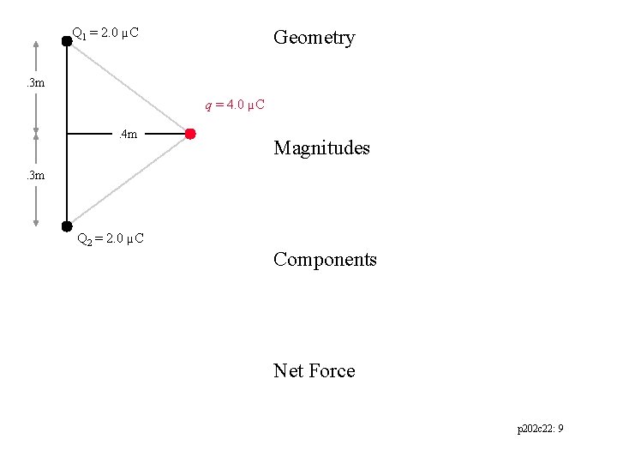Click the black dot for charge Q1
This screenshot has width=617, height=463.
click(x=67, y=39)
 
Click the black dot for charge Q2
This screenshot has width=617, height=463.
click(x=67, y=227)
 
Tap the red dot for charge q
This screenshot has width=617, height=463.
click(x=190, y=134)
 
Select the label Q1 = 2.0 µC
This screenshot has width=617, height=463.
click(x=105, y=33)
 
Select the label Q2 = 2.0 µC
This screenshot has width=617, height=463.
click(x=111, y=238)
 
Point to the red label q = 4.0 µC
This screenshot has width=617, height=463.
click(x=234, y=105)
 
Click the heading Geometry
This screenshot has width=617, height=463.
click(x=314, y=38)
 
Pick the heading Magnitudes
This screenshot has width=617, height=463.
click(x=321, y=148)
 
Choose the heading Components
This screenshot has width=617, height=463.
click(x=325, y=260)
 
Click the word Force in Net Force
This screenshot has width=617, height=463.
click(x=332, y=370)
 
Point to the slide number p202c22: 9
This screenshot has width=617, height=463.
click(x=540, y=429)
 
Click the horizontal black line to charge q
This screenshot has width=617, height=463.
click(x=94, y=134)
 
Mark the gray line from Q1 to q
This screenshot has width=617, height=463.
click(x=129, y=87)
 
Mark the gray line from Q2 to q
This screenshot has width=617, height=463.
click(x=129, y=181)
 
